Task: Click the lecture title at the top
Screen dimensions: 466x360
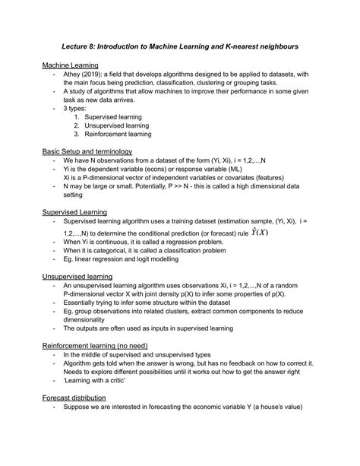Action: coord(180,46)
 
